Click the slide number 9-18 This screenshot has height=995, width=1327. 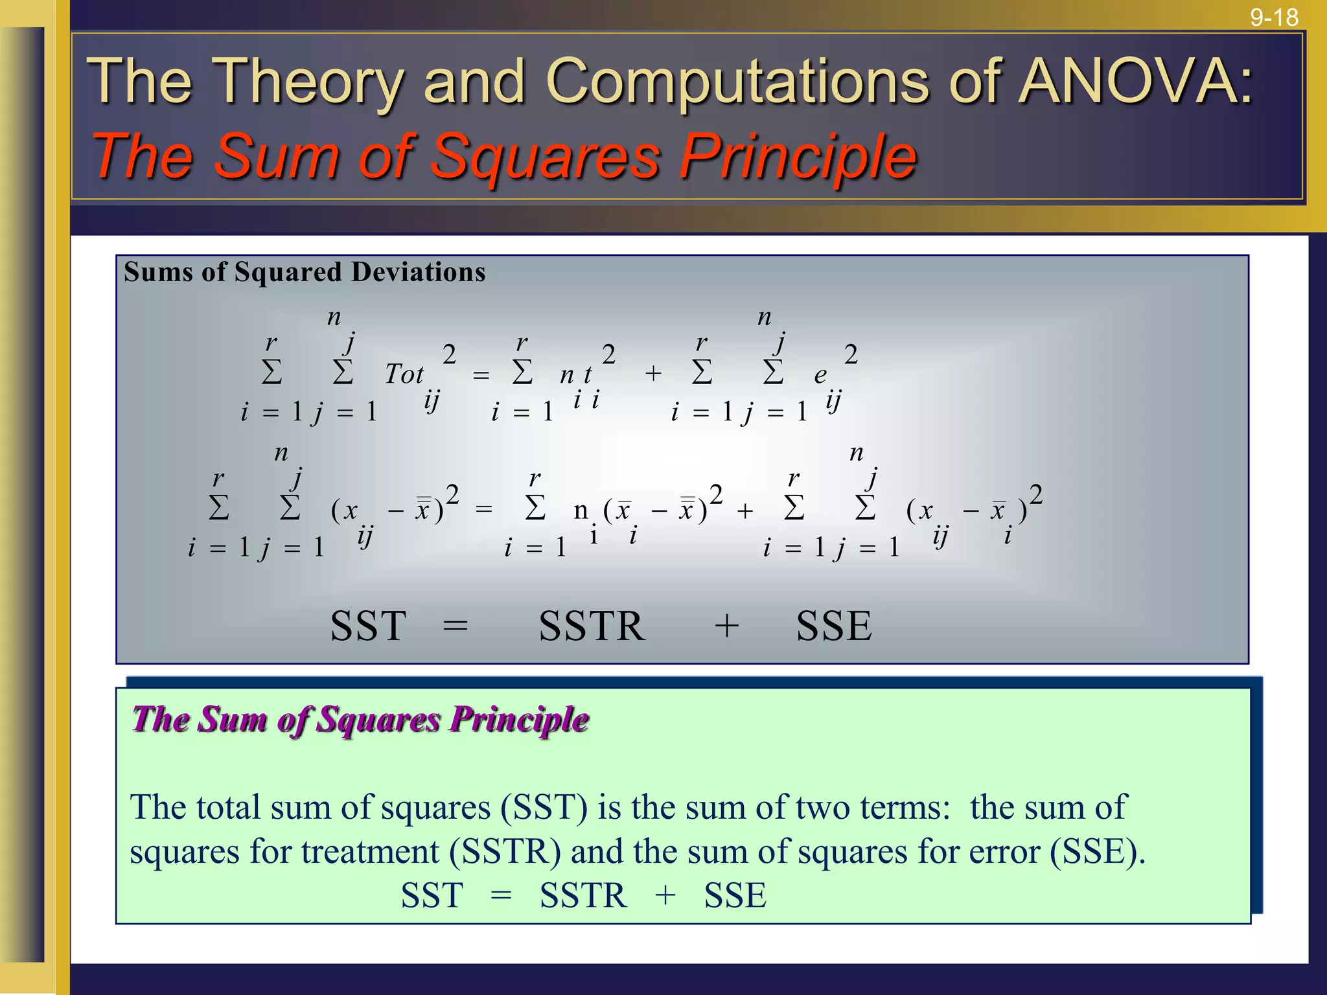coord(1274,17)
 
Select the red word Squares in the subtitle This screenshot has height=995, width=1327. coord(544,156)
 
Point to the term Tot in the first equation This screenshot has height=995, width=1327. coord(404,374)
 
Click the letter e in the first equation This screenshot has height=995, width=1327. coord(820,375)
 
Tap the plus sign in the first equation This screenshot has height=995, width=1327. coord(653,373)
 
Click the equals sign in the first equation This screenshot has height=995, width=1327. coord(481,375)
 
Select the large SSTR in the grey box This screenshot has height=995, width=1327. coord(592,626)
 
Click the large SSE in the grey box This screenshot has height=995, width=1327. coord(834,626)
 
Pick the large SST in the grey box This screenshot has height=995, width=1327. coord(368,626)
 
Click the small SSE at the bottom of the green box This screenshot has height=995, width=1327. coord(735,896)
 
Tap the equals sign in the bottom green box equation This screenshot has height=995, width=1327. coord(501,897)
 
